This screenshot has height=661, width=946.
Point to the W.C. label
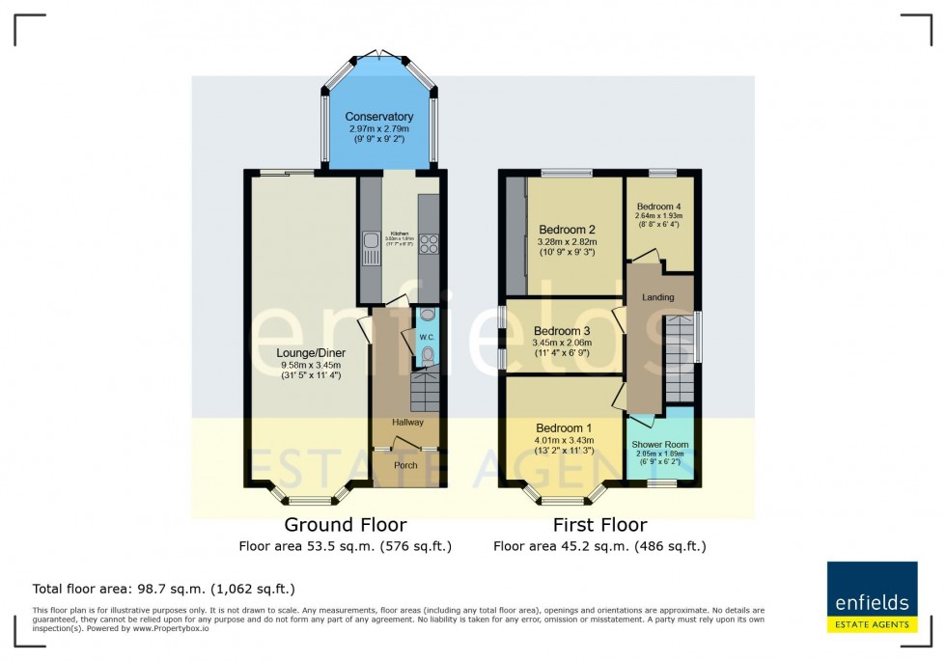[x=424, y=337]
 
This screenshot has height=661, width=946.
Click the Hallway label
[x=407, y=423]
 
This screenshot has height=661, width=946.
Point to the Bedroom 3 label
[x=562, y=331]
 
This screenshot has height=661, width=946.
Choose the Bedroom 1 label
[x=564, y=428]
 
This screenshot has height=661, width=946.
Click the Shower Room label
[x=659, y=445]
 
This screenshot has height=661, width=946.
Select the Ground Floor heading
[x=345, y=525]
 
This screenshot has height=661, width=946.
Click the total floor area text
[x=163, y=589]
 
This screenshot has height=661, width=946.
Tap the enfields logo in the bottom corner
[x=872, y=597]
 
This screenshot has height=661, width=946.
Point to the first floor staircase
[x=680, y=357]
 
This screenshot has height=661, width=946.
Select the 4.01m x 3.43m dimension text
[x=564, y=441]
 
